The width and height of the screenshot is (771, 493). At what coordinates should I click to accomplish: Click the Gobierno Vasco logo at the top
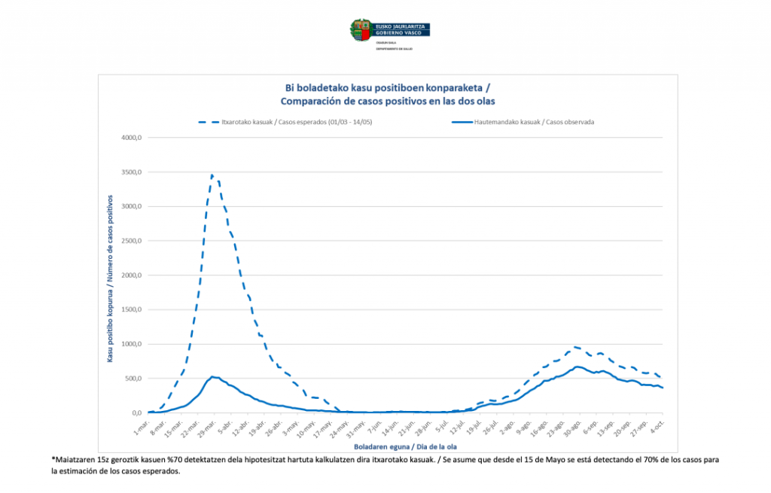[389, 31]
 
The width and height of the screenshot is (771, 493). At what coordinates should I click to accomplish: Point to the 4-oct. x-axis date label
[656, 425]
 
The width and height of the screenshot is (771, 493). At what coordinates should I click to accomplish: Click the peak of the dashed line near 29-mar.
[212, 175]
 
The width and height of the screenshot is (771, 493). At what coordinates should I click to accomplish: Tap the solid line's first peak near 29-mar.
[212, 376]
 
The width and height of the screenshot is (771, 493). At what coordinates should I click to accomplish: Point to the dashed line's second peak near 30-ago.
[574, 347]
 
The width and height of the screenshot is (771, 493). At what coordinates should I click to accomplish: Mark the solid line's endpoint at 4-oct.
[663, 388]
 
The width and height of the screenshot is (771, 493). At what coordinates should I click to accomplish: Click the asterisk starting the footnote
[53, 459]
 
